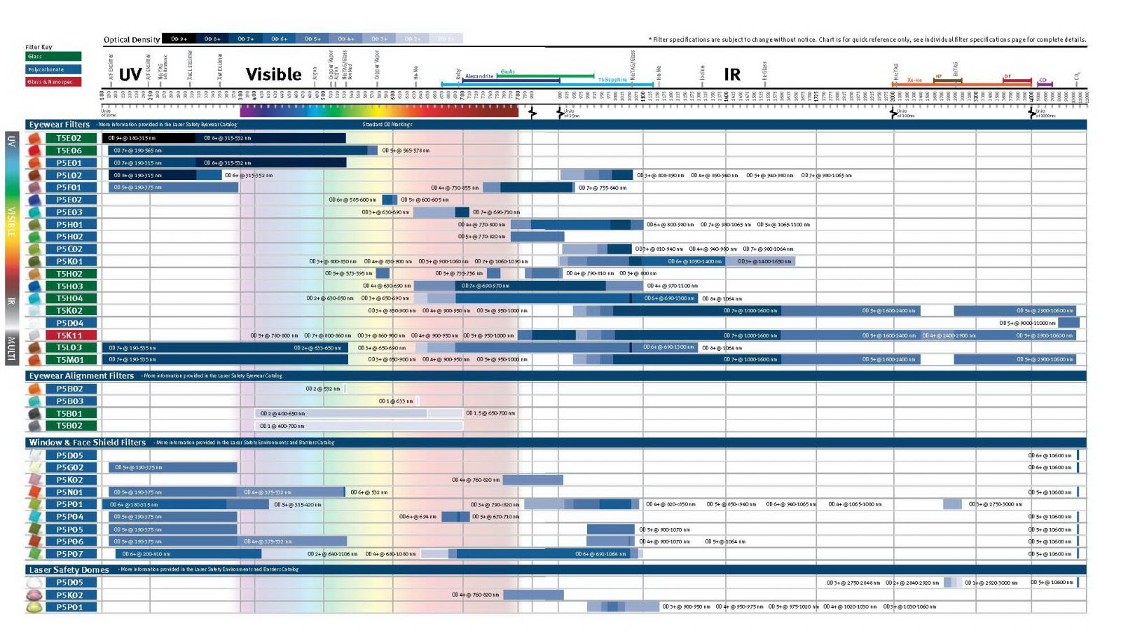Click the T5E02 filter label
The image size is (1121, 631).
click(69, 138)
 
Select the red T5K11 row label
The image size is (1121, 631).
click(69, 335)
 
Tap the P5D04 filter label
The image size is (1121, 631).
click(69, 323)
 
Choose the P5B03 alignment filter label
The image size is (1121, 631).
click(69, 401)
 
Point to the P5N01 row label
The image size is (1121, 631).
click(69, 492)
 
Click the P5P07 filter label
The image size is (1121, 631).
click(69, 553)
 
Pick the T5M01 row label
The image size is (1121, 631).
click(69, 360)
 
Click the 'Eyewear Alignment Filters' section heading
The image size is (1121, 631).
click(81, 376)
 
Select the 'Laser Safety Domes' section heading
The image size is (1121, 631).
click(69, 570)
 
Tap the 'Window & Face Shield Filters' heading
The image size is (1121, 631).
click(87, 443)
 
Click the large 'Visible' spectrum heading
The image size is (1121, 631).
click(273, 74)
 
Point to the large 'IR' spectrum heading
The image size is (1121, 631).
click(732, 74)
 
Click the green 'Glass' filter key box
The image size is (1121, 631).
click(54, 57)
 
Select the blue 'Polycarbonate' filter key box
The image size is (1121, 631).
click(54, 69)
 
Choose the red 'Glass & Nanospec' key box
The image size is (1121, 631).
click(54, 82)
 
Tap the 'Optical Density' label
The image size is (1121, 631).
click(132, 40)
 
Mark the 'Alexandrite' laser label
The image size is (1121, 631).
click(479, 76)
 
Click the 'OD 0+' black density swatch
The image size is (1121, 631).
click(179, 39)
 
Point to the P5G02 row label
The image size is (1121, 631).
click(69, 467)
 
